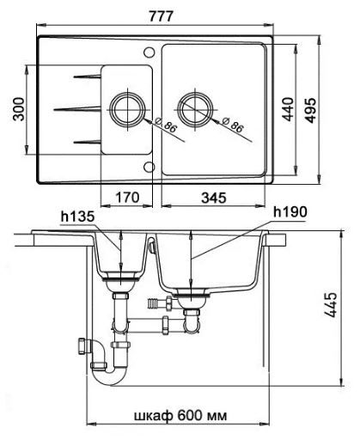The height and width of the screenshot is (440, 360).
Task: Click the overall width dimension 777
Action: [x=161, y=16]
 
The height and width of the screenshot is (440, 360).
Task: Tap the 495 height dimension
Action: [x=310, y=111]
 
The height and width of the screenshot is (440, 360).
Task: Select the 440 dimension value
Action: [x=288, y=109]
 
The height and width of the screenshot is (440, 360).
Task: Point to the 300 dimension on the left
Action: [x=19, y=109]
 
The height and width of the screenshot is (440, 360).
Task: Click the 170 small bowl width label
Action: [x=127, y=198]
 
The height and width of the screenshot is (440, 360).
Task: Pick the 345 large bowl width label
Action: [x=214, y=198]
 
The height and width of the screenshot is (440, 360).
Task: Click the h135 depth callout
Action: [x=77, y=217]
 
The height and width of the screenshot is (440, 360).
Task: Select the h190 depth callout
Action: [x=290, y=212]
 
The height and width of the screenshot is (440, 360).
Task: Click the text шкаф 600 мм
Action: [x=180, y=415]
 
